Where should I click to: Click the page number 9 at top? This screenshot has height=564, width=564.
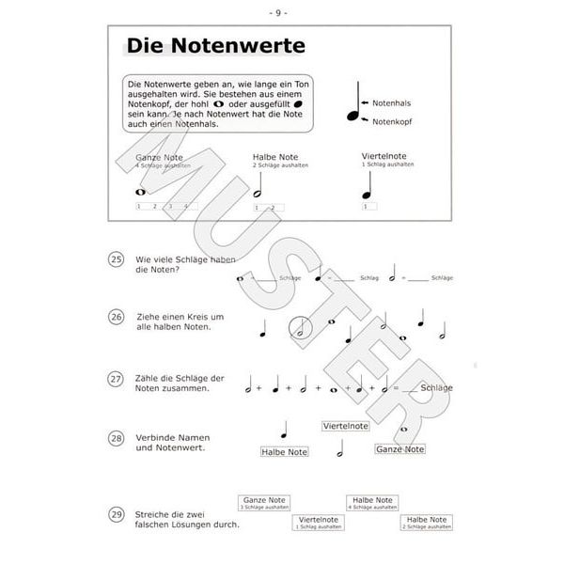pos(281,12)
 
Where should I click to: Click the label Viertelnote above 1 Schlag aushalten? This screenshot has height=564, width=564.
pos(385,156)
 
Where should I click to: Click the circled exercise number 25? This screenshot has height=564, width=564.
pos(117,260)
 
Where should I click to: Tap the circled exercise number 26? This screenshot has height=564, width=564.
pos(117,318)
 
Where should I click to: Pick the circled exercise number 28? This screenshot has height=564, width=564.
pos(117,439)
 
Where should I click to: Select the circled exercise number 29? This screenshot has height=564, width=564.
pos(117,515)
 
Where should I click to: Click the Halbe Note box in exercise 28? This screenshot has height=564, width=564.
pos(285,452)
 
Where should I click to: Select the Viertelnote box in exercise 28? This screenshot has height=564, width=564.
pos(344,426)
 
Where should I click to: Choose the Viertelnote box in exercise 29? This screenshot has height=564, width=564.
pos(318,522)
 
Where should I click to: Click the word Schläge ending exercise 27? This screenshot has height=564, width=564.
pos(438,387)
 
